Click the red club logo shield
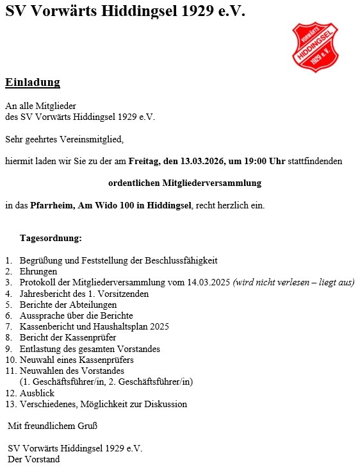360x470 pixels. pyautogui.click(x=315, y=47)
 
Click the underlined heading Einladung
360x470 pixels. pyautogui.click(x=33, y=82)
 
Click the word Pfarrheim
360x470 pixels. pyautogui.click(x=50, y=205)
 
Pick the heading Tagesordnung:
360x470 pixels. pyautogui.click(x=51, y=239)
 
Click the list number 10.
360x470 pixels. pyautogui.click(x=10, y=360)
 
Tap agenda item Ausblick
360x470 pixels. pyautogui.click(x=37, y=393)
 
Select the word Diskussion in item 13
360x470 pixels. pyautogui.click(x=166, y=404)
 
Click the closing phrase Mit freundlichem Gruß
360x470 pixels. pyautogui.click(x=53, y=425)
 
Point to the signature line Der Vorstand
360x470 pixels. pyautogui.click(x=34, y=459)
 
